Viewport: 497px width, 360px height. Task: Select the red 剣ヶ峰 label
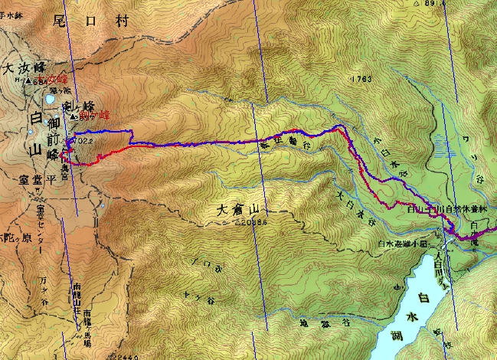point(95,115)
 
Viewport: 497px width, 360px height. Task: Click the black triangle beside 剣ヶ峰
point(73,117)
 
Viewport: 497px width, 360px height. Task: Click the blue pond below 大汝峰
point(49,99)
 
